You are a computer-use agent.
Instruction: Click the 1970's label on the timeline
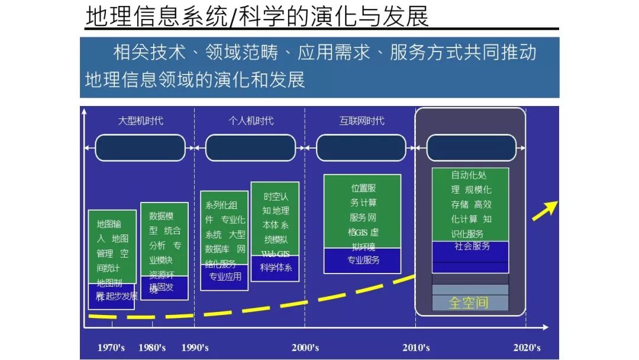click(111, 348)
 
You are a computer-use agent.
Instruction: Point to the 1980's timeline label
click(152, 348)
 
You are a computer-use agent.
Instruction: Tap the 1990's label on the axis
click(195, 348)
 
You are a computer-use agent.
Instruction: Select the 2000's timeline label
click(305, 348)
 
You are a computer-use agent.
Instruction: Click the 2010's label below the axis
click(416, 348)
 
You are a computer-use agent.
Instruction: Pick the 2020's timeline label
click(527, 348)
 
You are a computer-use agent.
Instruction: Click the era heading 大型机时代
click(140, 121)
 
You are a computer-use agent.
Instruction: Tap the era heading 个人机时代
click(251, 121)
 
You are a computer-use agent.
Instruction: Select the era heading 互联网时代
click(362, 121)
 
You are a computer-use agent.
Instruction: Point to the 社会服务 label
click(472, 246)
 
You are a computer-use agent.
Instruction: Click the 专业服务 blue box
click(363, 260)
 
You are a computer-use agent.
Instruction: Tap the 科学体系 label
click(276, 267)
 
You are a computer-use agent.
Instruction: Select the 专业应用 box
click(225, 277)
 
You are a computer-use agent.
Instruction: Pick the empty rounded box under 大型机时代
click(140, 148)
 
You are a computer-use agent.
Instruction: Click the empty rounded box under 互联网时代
click(362, 148)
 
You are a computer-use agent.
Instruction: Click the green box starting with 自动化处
click(470, 204)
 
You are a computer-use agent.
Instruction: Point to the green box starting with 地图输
click(112, 246)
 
